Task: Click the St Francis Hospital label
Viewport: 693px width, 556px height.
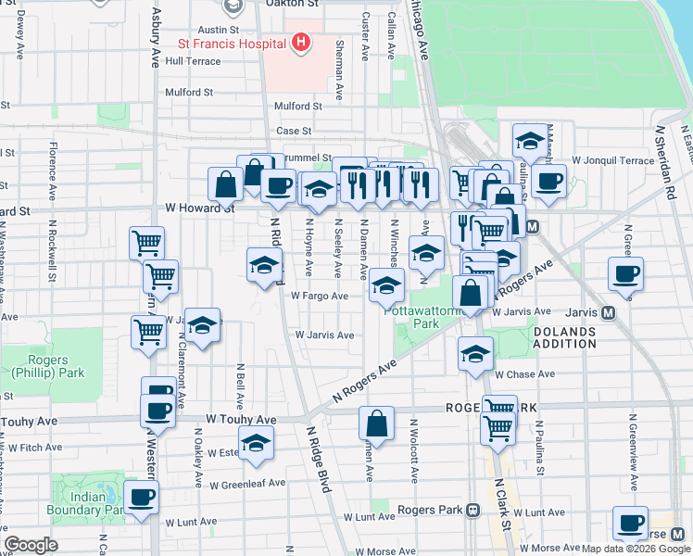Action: tap(231, 44)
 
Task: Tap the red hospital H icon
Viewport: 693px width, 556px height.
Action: tap(299, 43)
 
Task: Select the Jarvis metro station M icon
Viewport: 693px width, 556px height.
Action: tap(609, 313)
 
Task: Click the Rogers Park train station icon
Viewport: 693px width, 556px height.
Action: tap(472, 510)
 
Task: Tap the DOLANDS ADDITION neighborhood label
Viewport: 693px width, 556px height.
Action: tap(564, 336)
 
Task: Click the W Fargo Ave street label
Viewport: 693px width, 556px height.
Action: tap(319, 297)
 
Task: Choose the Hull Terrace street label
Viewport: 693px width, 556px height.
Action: tap(193, 61)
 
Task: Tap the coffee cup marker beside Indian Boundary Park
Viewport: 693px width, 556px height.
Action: tap(142, 499)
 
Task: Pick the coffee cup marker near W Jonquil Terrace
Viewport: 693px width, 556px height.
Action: tap(548, 182)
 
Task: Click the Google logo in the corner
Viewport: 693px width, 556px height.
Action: tap(31, 545)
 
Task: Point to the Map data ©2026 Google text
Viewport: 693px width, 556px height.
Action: tap(636, 549)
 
